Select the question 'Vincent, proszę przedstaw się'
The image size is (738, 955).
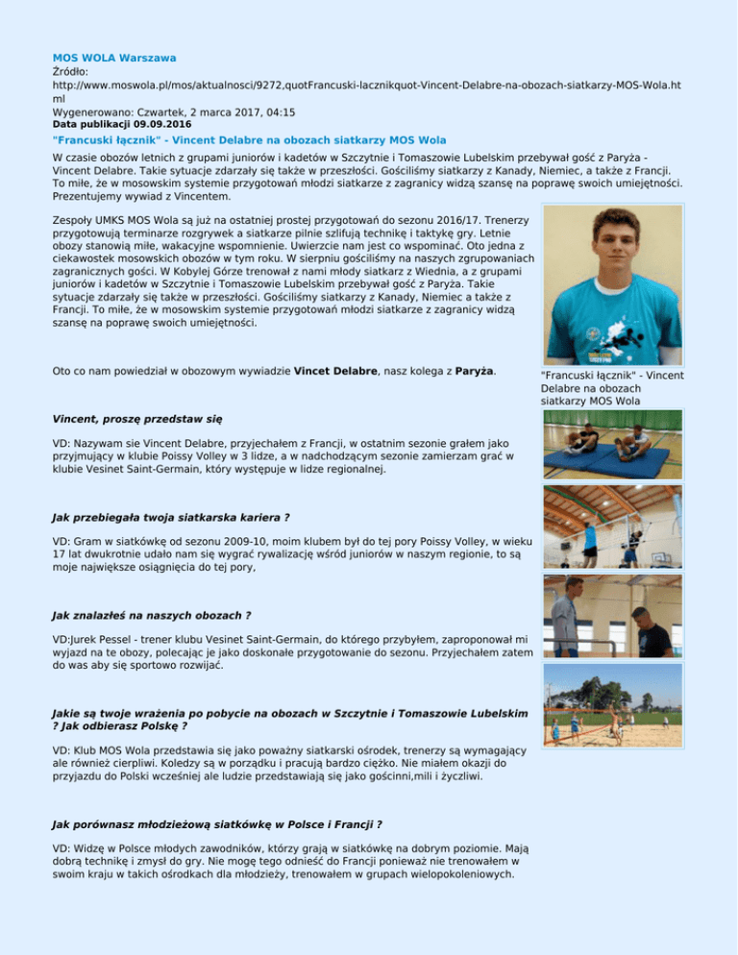tap(137, 419)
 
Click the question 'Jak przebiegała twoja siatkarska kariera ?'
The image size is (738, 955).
tap(158, 517)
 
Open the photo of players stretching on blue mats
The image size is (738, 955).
tap(612, 443)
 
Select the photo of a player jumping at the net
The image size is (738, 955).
tap(612, 527)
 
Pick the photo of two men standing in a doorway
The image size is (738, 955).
tap(612, 616)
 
